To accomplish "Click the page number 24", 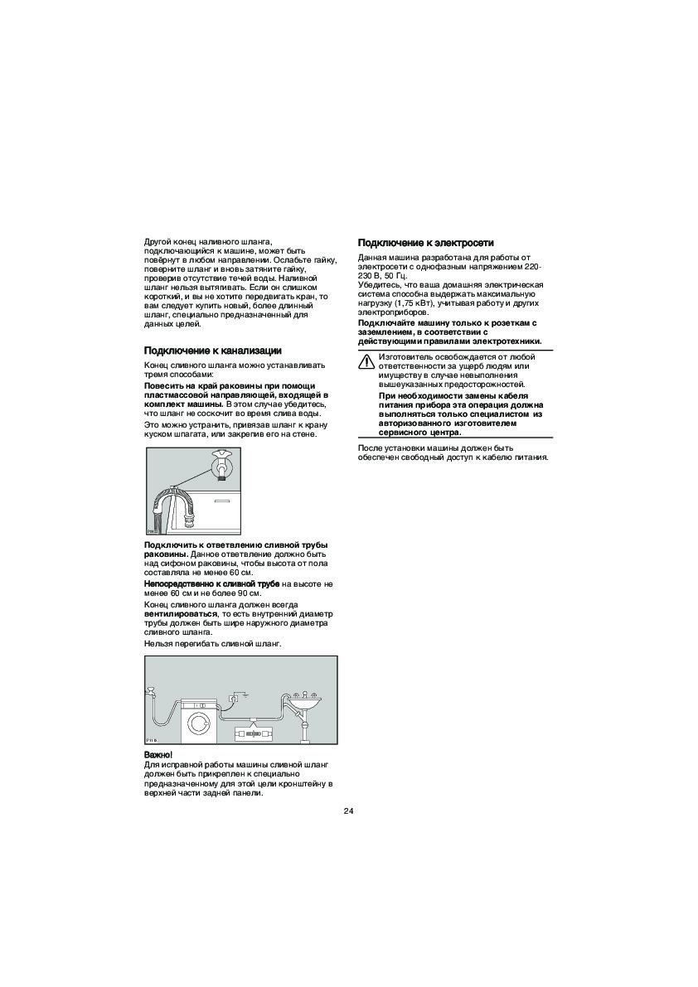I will point(348,810).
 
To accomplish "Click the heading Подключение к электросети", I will point(425,243).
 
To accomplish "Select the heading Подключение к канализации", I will point(213,351).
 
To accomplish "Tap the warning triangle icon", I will point(366,360).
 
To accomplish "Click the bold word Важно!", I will point(158,754).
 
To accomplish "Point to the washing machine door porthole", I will point(199,723).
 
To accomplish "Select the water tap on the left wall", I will point(151,690).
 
